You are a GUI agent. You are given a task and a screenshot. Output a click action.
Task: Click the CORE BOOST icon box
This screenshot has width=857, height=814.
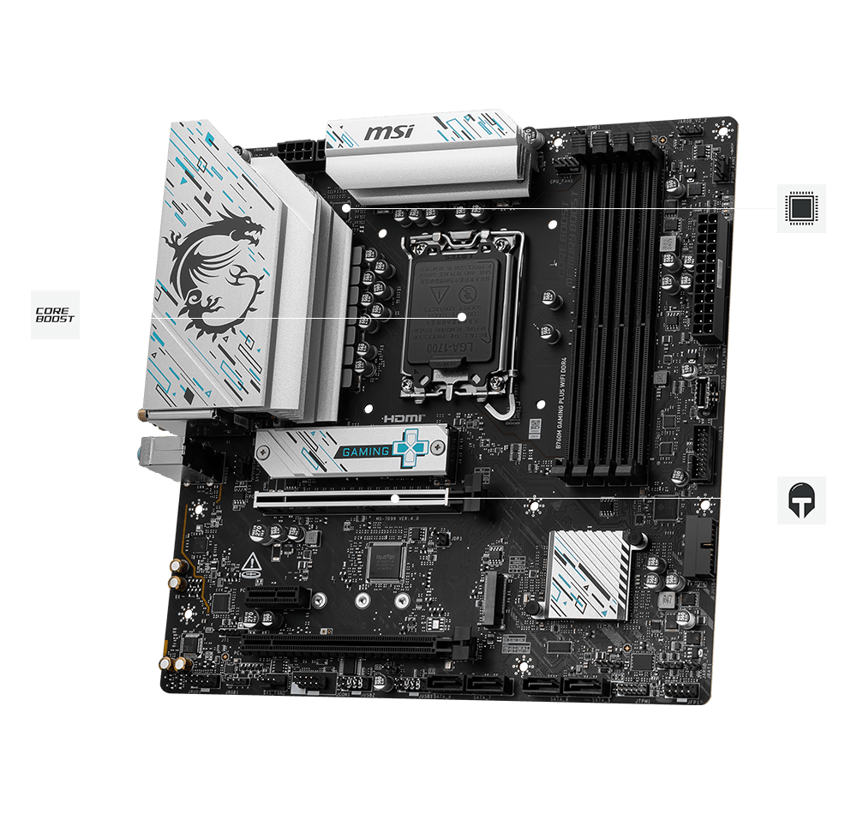(55, 314)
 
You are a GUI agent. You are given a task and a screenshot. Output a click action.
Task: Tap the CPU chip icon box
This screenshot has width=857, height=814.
(801, 208)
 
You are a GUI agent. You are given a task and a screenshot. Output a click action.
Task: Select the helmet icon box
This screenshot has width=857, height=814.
(801, 500)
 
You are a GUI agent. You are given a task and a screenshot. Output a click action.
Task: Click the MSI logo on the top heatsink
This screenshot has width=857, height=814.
(390, 133)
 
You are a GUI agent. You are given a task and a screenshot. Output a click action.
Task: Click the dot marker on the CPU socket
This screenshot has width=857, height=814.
(461, 316)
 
